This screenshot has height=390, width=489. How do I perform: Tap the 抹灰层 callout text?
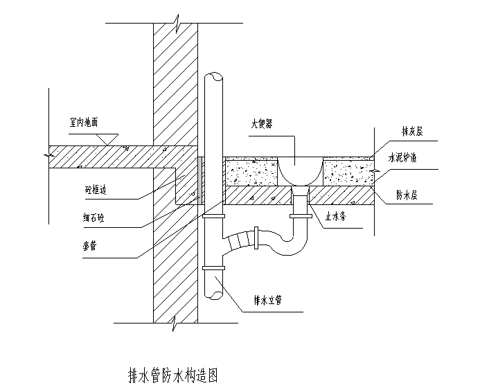click(x=413, y=130)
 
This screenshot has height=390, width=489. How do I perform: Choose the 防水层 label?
click(x=407, y=196)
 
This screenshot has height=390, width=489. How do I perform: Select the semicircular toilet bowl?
click(x=299, y=170)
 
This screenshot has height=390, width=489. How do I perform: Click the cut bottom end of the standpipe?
click(x=215, y=296)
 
